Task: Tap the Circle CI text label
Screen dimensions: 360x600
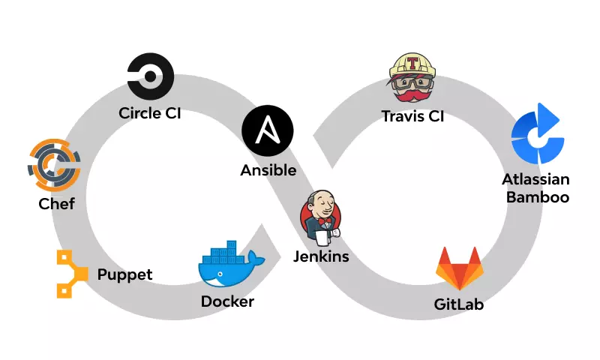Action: coord(150,114)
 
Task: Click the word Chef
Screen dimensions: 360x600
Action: coord(56,204)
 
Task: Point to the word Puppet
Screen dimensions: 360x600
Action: coord(124,274)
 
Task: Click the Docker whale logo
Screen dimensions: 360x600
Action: coord(228,265)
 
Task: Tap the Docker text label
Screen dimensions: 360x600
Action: coord(227,302)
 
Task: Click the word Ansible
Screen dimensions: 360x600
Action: coord(268,171)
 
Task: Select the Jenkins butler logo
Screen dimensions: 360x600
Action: coord(320,217)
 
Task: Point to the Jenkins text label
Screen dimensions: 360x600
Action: coord(320,257)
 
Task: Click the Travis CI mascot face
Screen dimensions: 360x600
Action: coord(412,79)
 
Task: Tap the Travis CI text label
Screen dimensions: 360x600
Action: coord(412,116)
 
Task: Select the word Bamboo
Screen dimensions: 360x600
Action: coord(537,198)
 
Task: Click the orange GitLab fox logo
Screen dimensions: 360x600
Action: coord(459,268)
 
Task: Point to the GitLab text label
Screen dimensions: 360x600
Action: coord(459,305)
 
